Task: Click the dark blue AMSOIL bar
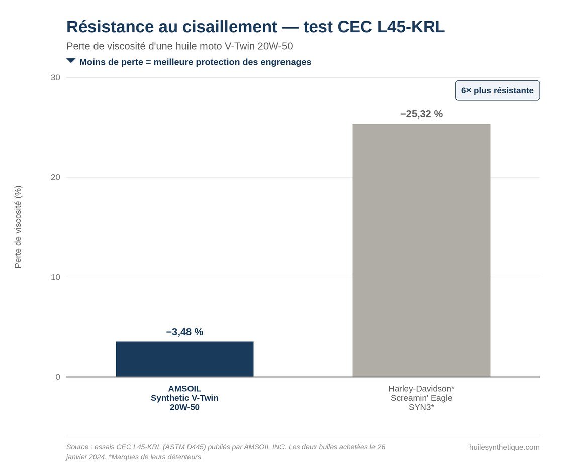(x=184, y=359)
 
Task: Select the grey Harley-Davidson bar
(x=421, y=250)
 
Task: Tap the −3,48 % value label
(x=184, y=332)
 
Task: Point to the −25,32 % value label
(x=421, y=114)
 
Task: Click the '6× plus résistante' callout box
(x=498, y=90)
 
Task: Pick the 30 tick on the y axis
(x=55, y=77)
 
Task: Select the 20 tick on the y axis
(x=55, y=177)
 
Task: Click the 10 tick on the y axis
(x=55, y=277)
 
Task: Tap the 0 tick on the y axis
(x=58, y=377)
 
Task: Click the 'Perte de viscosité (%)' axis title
(x=18, y=226)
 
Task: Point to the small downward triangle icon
(x=71, y=61)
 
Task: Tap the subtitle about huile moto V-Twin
(x=179, y=46)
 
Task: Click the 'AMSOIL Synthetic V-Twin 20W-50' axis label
(x=184, y=398)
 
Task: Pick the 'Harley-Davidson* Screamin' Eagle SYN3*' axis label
(x=421, y=398)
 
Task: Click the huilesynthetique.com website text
(x=504, y=447)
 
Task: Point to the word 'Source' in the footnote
(x=77, y=447)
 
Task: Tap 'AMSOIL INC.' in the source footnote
(x=265, y=447)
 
